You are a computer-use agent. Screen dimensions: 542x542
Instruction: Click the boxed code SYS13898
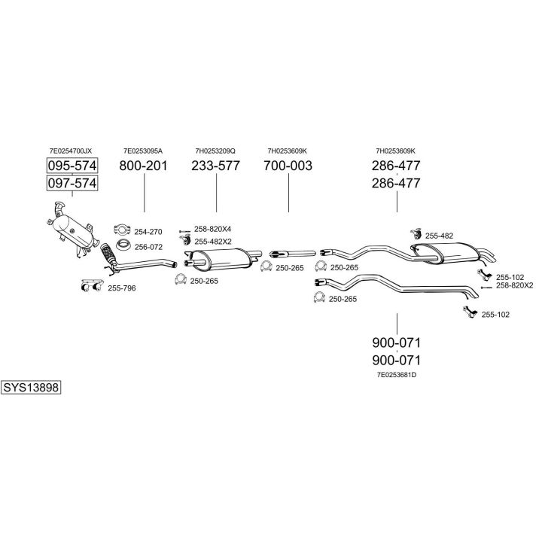pos(31,388)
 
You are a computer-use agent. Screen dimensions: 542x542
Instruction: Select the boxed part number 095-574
pos(72,166)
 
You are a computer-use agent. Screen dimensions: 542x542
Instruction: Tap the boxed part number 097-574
pos(72,183)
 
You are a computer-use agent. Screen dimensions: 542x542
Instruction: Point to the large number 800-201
pos(143,166)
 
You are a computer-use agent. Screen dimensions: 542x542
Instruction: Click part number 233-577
pos(216,166)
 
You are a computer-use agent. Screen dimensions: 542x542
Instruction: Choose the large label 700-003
pos(288,166)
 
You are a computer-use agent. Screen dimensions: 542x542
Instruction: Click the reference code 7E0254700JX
pos(71,151)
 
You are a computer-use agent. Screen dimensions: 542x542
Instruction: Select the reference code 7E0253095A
pos(143,151)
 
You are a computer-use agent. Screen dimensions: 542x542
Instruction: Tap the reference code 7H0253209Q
pos(215,151)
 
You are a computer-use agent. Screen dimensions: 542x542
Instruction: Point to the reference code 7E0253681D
pos(397,375)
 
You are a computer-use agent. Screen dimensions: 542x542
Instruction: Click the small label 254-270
pos(148,232)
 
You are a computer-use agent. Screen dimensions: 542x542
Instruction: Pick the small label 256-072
pos(148,247)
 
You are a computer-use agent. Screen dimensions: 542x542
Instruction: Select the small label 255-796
pos(122,288)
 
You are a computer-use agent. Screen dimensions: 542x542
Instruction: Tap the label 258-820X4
pos(212,229)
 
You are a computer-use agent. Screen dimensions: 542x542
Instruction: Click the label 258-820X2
pos(515,285)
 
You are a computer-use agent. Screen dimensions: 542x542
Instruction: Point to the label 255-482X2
pos(213,242)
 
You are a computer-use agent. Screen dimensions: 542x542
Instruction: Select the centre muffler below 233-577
pos(221,259)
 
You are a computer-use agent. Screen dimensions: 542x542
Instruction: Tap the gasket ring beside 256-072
pos(123,245)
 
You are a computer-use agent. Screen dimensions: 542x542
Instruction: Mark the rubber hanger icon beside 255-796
pos(92,285)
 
